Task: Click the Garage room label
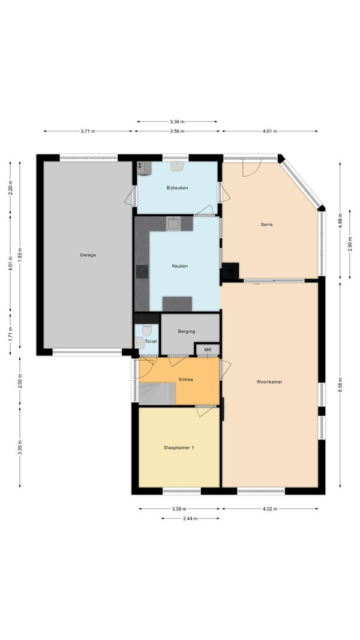(88, 255)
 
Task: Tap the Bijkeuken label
(177, 188)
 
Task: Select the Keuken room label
(180, 266)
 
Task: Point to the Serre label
(266, 224)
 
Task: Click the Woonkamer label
(269, 382)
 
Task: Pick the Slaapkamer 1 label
(179, 447)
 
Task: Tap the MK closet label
(208, 350)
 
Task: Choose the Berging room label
(187, 331)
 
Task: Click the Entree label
(186, 379)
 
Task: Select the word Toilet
(151, 341)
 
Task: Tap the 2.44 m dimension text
(190, 518)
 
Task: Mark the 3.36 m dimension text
(177, 121)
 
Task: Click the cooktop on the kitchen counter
(142, 271)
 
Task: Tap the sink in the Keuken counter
(173, 224)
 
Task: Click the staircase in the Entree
(157, 393)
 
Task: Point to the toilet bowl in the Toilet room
(147, 330)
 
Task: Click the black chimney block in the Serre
(230, 271)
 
